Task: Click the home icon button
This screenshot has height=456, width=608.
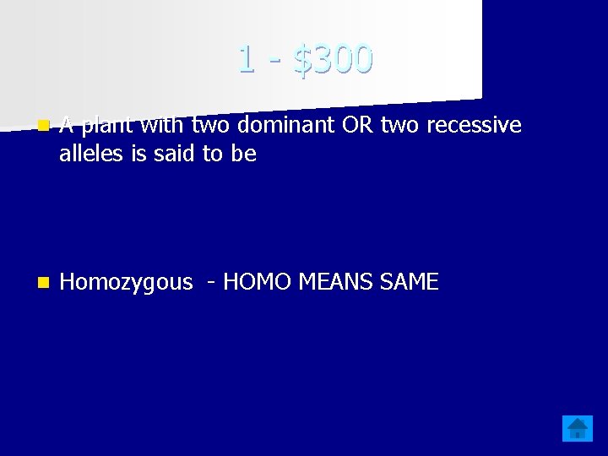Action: pos(578,428)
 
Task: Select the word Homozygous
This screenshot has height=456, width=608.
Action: pos(127,283)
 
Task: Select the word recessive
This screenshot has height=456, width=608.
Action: pos(475,126)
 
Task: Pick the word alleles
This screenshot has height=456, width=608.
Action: pos(89,154)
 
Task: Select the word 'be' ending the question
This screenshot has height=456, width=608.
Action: pos(245,154)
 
